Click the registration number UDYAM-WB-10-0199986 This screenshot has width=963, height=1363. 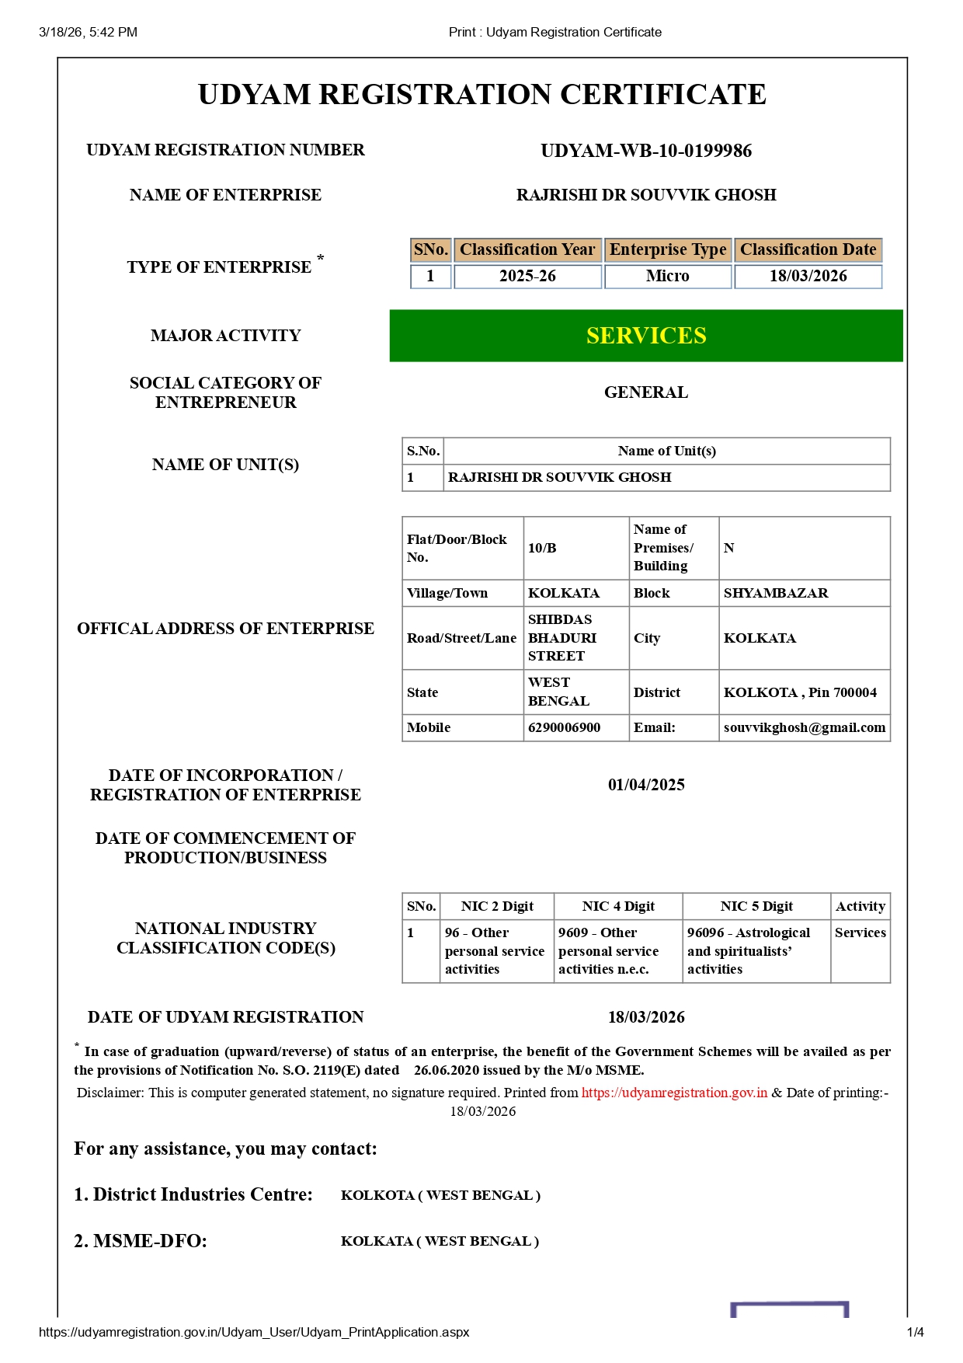tap(646, 151)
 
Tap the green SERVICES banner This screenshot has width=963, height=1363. tap(646, 336)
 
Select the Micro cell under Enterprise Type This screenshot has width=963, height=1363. tap(668, 277)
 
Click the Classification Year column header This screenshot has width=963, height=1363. tap(527, 249)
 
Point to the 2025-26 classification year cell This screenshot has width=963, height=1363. tap(527, 277)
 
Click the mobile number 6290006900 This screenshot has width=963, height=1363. tap(565, 727)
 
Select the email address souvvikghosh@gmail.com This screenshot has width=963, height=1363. tap(804, 727)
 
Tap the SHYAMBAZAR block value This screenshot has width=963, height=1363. tap(776, 593)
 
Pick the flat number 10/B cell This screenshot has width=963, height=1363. tap(543, 548)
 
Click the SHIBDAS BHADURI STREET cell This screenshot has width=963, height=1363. tap(562, 638)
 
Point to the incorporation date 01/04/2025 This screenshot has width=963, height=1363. tap(646, 785)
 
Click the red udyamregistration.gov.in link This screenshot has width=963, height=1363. tap(674, 1093)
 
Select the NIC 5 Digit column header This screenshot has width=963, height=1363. tap(756, 906)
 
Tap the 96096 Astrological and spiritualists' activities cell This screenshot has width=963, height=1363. tap(749, 951)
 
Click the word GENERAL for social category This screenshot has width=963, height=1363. tap(646, 392)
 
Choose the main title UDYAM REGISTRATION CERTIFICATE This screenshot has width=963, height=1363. tap(482, 95)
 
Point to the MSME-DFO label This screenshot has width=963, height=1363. tap(141, 1241)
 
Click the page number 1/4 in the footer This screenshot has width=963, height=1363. tap(915, 1332)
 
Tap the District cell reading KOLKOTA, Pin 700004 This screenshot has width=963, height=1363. tap(800, 692)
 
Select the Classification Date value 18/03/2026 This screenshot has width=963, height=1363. tap(808, 277)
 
